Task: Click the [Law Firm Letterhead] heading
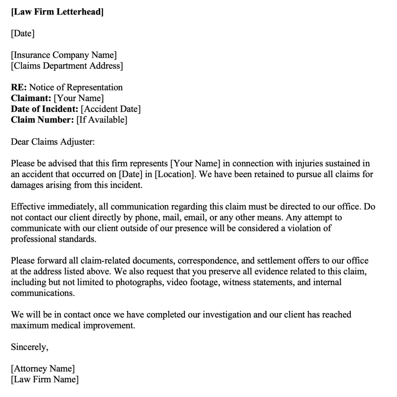(57, 12)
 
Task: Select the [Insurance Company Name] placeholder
(64, 55)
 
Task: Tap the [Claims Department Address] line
(67, 66)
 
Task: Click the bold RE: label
(19, 87)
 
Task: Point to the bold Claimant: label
(31, 98)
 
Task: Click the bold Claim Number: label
(42, 120)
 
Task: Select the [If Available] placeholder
(102, 120)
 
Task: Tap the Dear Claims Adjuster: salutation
(53, 142)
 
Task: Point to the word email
(193, 217)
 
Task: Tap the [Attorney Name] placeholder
(43, 368)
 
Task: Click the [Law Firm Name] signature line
(45, 379)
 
